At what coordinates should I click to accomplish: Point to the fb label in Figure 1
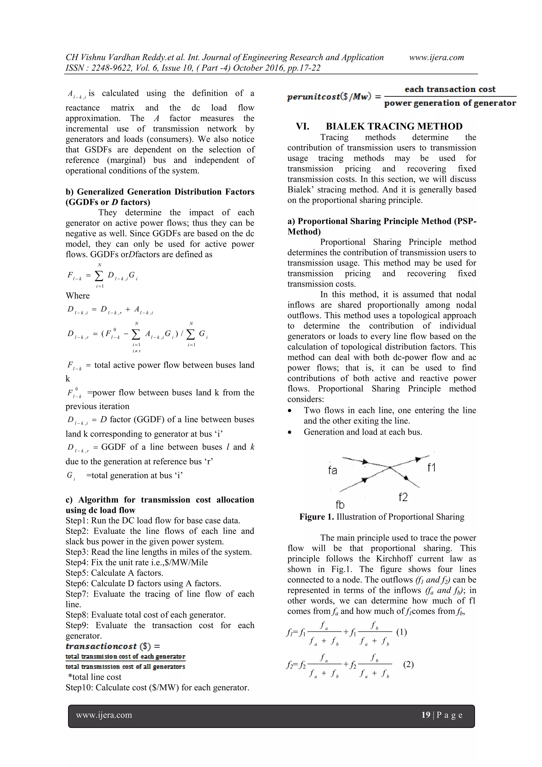(340, 504)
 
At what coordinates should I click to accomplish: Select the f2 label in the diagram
(403, 497)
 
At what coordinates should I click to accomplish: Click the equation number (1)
(401, 632)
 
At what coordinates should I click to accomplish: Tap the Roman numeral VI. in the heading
(302, 126)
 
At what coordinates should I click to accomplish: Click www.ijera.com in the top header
(436, 57)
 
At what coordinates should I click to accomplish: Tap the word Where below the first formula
(78, 296)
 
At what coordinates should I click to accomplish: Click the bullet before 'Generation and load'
(290, 432)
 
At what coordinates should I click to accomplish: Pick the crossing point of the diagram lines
(390, 468)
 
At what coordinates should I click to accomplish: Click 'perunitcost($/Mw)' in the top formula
(330, 97)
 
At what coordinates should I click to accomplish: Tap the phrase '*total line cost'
(94, 677)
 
